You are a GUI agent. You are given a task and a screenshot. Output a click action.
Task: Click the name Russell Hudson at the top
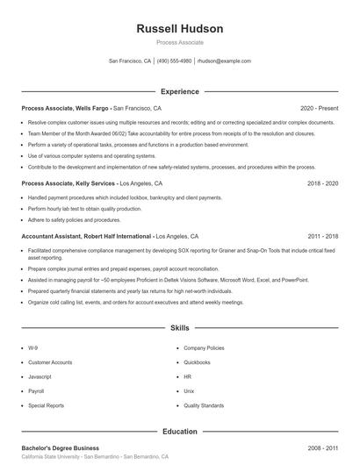click(180, 29)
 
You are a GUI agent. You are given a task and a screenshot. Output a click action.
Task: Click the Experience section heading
click(180, 91)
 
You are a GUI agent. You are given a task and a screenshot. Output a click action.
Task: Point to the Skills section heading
click(180, 328)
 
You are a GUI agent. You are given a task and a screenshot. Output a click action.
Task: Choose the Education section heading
click(180, 432)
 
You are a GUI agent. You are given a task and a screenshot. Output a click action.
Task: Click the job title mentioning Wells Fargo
click(67, 108)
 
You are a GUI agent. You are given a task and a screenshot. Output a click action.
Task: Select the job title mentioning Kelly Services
click(68, 184)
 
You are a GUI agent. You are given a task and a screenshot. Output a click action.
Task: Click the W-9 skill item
click(32, 347)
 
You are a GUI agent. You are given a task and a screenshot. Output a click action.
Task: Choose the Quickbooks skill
click(197, 362)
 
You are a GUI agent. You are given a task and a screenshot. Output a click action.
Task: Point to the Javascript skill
click(40, 376)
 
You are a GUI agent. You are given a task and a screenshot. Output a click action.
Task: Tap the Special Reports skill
click(46, 406)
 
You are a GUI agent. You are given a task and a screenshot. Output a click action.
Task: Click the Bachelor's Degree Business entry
click(61, 447)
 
